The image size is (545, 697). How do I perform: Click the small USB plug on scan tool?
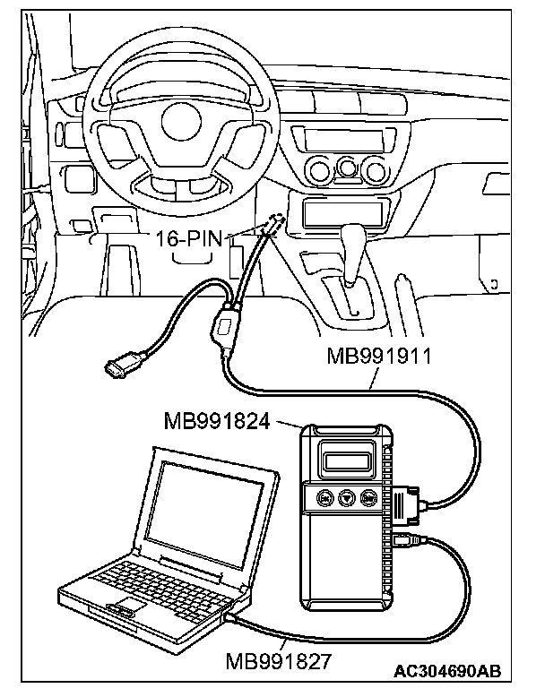point(402,541)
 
